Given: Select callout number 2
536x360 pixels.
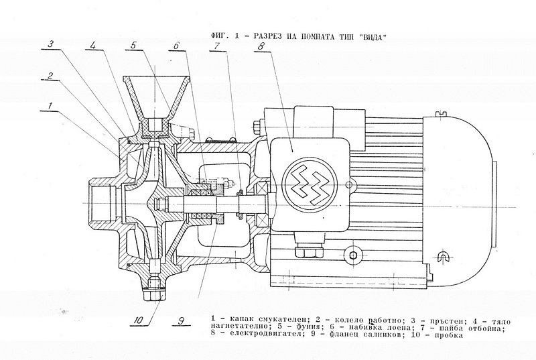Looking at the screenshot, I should click(49, 74).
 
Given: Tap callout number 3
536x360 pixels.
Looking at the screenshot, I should click(50, 45).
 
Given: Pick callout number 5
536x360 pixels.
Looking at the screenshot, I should click(134, 45).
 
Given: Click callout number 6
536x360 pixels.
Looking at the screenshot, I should click(176, 46).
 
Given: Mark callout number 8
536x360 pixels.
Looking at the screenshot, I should click(259, 46).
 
